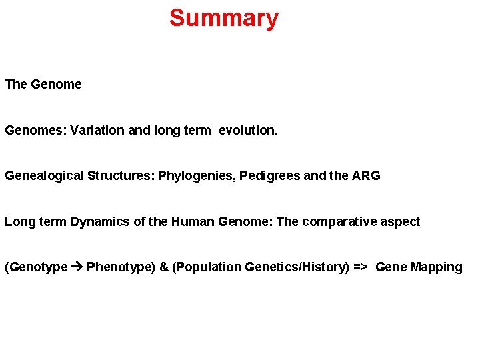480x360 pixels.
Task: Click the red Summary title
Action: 223,18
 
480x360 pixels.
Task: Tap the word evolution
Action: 248,131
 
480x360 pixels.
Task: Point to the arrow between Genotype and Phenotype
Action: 77,267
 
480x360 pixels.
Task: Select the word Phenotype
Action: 120,267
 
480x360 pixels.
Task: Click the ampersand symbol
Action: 164,267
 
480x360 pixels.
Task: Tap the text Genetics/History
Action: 295,267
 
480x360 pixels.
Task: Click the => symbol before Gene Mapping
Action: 361,267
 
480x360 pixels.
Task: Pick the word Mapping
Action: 436,267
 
